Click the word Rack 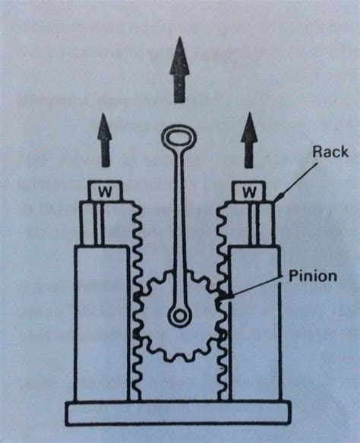[x=330, y=152]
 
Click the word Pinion [x=313, y=276]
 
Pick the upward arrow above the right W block [x=249, y=141]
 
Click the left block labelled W [x=105, y=191]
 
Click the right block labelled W [x=248, y=191]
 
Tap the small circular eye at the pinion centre [x=179, y=315]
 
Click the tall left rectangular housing [x=102, y=323]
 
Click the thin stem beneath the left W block [x=99, y=223]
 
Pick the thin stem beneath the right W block [x=254, y=223]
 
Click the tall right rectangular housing [x=255, y=323]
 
